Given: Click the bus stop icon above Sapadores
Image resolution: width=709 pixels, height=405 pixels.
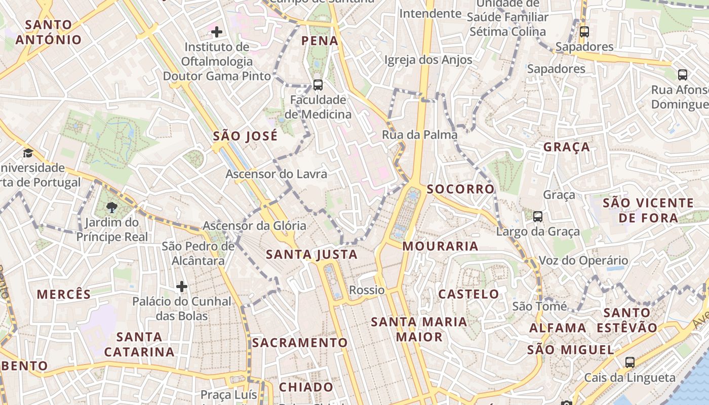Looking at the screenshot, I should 584,31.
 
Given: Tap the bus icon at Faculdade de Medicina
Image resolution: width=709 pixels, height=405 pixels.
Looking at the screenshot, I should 318,85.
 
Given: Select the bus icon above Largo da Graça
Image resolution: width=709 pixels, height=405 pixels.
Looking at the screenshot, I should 538,216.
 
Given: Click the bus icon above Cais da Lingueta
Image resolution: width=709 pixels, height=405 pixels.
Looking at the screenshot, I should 630,362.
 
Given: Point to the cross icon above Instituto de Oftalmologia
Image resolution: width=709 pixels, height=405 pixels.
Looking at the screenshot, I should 217,32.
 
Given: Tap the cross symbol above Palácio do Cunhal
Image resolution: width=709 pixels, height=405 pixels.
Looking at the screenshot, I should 182,287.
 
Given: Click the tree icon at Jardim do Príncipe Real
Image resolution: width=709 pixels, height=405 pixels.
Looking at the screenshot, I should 112,207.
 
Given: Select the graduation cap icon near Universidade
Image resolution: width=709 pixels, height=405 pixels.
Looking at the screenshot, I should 28,153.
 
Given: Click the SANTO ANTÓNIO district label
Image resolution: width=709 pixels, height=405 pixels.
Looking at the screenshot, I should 49,32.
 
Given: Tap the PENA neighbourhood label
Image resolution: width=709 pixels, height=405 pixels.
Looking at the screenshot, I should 320,40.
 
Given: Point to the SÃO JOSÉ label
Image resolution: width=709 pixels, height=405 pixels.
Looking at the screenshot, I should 245,136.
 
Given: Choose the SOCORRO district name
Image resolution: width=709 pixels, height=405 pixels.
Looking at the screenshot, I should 460,189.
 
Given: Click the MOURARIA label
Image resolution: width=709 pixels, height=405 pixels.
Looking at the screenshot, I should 440,246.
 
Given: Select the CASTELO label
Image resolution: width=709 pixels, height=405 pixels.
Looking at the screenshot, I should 468,294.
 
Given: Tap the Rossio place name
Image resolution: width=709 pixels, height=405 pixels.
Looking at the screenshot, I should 367,290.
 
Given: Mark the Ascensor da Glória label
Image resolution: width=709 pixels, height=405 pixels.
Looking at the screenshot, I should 254,225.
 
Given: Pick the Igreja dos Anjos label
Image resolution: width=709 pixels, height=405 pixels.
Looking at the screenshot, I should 428,60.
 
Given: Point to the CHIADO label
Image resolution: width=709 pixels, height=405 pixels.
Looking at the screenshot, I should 306,387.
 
